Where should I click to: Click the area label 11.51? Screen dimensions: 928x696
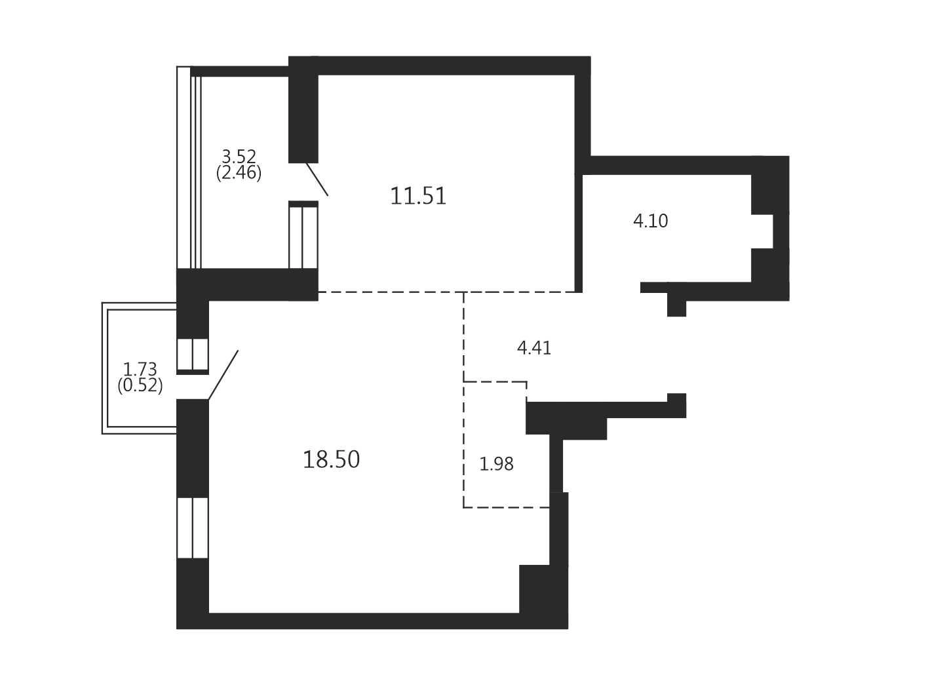(417, 197)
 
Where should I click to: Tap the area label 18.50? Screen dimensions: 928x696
(331, 460)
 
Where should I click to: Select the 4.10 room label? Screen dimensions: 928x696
(650, 222)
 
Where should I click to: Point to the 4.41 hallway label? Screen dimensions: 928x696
(534, 348)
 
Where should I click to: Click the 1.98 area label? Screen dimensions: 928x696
(496, 465)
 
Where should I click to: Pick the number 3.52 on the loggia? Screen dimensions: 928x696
(239, 157)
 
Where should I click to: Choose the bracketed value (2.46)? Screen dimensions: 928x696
(239, 173)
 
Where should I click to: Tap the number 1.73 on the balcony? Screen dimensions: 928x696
(140, 370)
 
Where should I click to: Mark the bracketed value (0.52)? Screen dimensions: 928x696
(140, 385)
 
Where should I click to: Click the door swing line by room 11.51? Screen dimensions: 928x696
(317, 179)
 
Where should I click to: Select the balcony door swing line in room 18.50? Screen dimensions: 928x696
(223, 375)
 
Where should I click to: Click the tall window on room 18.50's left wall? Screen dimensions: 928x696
(193, 528)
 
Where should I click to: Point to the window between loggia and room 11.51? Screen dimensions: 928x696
(303, 237)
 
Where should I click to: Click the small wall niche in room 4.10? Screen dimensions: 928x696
(762, 231)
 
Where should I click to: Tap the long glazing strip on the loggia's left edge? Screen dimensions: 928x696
(184, 167)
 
